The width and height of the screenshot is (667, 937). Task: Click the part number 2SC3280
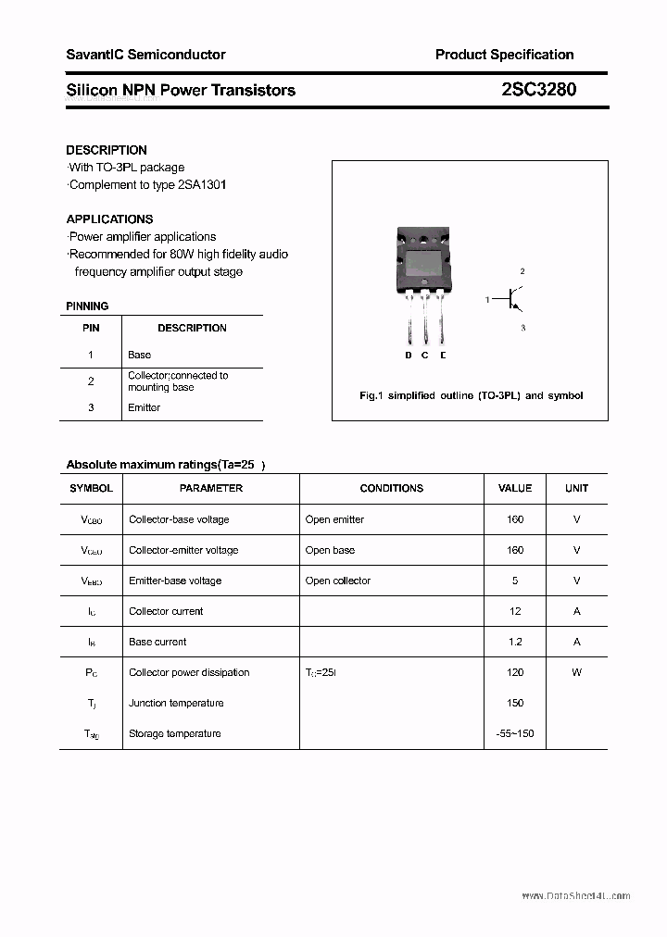[538, 90]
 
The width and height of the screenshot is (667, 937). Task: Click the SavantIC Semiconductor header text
[145, 55]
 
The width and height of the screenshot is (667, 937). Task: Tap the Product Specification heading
[504, 55]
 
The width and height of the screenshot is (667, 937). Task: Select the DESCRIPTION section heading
[107, 150]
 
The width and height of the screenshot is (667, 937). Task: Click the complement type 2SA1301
[202, 184]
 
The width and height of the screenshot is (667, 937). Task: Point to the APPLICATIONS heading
[109, 219]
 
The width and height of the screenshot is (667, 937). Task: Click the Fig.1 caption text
[471, 395]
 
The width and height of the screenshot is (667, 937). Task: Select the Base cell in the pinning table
[139, 355]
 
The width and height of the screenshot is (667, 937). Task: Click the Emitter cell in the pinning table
[144, 407]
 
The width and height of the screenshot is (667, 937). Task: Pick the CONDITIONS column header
[391, 488]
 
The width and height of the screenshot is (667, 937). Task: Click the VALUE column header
[515, 488]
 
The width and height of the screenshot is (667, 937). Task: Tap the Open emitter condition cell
[334, 519]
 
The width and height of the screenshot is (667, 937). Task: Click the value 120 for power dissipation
[515, 672]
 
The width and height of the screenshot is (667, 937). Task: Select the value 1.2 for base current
[515, 642]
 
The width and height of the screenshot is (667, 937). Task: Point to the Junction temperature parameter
[176, 703]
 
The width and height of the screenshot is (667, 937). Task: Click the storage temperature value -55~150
[515, 733]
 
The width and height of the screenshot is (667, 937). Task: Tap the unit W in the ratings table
[576, 672]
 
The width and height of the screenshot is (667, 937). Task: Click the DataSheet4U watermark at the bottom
[575, 896]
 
